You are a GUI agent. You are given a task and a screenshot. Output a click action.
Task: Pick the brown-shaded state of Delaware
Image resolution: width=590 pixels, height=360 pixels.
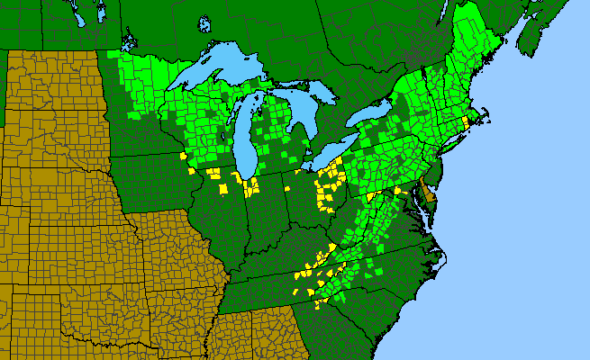coord(429,193)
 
